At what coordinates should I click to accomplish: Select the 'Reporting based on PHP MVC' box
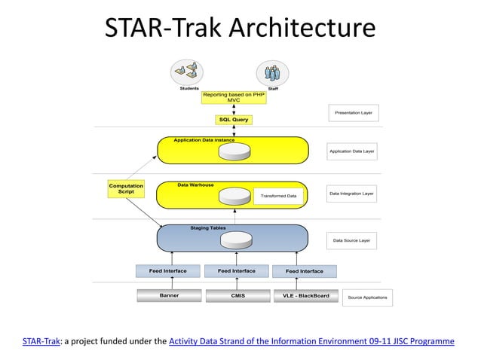coord(233,98)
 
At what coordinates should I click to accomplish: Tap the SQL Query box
coord(233,119)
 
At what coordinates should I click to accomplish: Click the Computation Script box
coord(126,189)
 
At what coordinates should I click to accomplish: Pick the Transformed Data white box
coord(279,196)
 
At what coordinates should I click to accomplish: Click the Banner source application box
coord(169,296)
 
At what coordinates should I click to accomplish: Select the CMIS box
coord(237,296)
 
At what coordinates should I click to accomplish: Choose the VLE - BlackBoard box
coord(305,296)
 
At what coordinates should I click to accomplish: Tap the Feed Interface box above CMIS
coord(236,271)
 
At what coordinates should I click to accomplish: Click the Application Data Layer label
coord(352,151)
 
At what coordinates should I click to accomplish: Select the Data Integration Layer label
coord(352,194)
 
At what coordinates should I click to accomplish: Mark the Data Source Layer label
coord(352,241)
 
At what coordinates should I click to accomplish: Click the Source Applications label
coord(367,297)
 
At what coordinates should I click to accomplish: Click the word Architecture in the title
coord(302,28)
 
